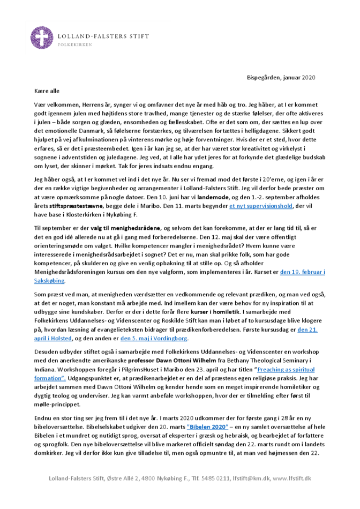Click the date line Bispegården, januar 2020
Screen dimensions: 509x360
[281, 78]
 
